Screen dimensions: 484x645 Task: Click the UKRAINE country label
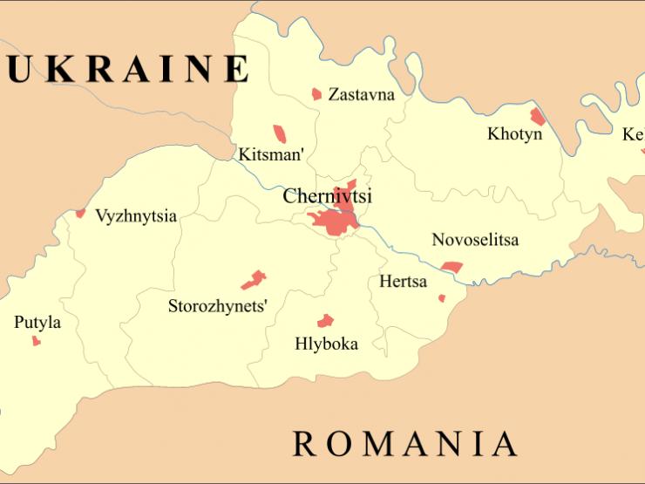126,69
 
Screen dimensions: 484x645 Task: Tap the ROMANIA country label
404,444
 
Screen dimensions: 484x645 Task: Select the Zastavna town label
361,95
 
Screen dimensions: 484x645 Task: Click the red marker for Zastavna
316,93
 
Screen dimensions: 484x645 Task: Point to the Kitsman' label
271,156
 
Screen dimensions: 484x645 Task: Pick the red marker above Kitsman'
280,133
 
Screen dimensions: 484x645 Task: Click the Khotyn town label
514,134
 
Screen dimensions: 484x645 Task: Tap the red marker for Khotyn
538,116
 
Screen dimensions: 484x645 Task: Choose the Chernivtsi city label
327,197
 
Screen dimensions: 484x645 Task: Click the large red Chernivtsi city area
336,220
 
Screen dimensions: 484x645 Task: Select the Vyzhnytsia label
136,215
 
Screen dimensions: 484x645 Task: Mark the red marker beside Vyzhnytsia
80,213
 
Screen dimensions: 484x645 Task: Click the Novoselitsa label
475,240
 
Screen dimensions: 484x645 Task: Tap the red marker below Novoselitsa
451,267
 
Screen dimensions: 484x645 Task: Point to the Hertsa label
404,282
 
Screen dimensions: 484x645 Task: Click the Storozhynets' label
218,306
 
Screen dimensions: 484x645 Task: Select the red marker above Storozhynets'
254,279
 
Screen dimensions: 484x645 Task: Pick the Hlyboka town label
326,344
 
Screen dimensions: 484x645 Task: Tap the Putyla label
37,323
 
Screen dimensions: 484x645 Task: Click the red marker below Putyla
37,341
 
